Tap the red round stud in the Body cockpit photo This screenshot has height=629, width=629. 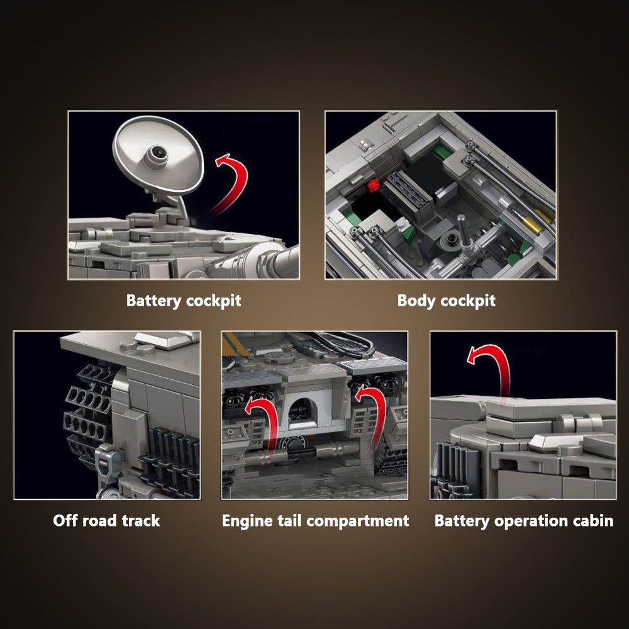pyautogui.click(x=374, y=185)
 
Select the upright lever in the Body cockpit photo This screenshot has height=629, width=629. pyautogui.click(x=465, y=236)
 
